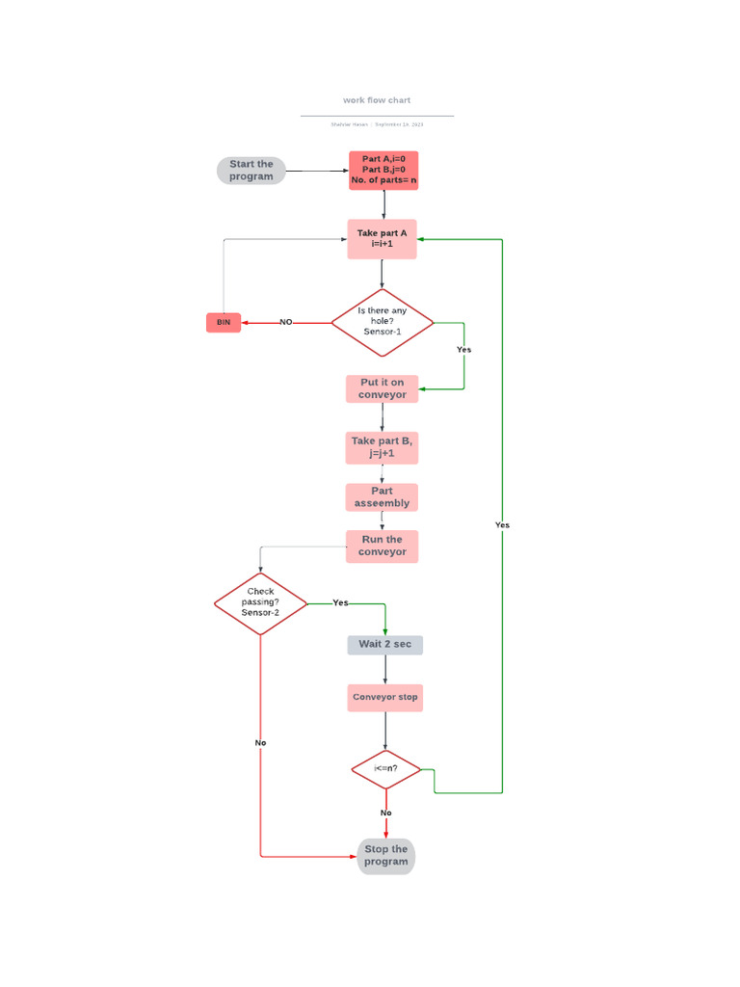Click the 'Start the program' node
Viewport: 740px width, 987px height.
coord(251,171)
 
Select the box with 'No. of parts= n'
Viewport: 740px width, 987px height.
coord(383,170)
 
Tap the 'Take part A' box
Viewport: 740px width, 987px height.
coord(383,239)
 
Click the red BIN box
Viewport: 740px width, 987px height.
coord(224,322)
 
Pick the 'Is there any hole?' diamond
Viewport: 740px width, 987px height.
coord(383,322)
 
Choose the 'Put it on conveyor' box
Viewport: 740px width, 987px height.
coord(383,388)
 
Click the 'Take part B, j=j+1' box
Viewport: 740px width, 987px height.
coord(383,446)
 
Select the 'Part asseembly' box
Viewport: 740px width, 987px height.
coord(383,497)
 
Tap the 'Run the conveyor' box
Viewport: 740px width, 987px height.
coord(383,547)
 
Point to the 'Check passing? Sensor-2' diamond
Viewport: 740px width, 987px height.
coord(260,603)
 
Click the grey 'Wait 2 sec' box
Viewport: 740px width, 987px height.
coord(384,644)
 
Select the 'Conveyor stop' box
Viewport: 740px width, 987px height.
coord(384,697)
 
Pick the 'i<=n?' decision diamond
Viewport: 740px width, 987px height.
coord(385,769)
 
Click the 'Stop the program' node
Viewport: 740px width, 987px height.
coord(385,856)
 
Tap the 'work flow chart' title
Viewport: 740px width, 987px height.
coord(377,100)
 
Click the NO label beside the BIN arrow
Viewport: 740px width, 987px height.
coord(286,322)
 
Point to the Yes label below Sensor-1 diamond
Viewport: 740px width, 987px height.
coord(463,350)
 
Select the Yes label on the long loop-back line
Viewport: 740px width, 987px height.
coord(502,525)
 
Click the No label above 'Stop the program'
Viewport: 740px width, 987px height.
coord(385,813)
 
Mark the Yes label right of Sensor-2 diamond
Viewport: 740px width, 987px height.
coord(340,602)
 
